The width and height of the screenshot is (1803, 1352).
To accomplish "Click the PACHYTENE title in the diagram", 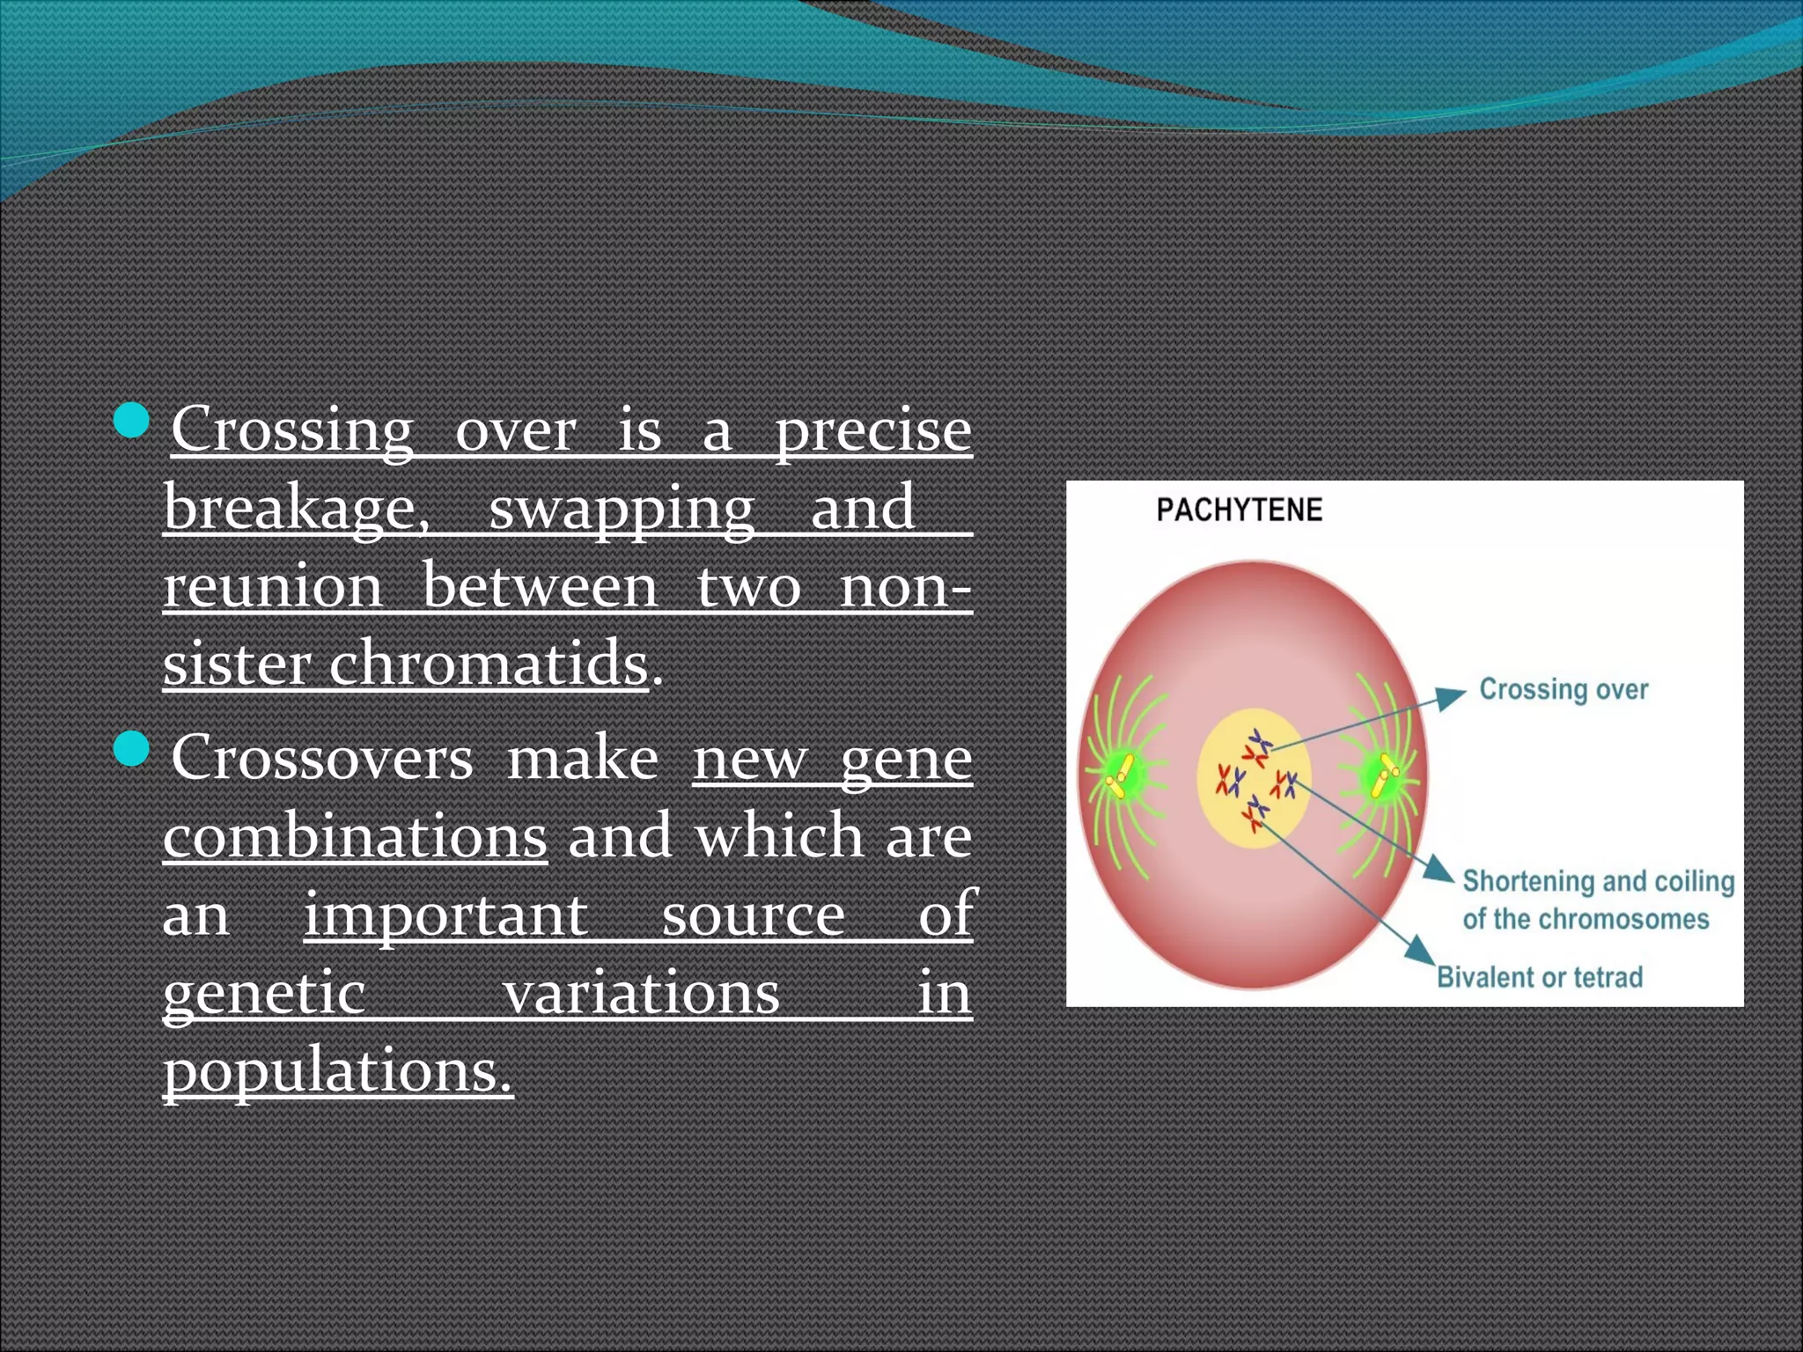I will tap(1239, 510).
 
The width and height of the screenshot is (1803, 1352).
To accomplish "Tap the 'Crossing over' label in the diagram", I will tap(1563, 689).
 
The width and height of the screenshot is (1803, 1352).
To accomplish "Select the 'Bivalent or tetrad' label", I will tap(1540, 977).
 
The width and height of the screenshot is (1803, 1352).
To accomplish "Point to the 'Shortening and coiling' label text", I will tap(1598, 881).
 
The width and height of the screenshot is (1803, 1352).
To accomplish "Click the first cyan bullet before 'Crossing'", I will tap(133, 420).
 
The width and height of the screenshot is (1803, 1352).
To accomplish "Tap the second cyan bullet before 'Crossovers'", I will tap(133, 749).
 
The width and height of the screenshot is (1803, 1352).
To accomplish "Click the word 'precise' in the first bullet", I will tap(872, 431).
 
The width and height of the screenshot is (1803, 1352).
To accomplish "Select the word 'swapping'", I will tap(622, 510).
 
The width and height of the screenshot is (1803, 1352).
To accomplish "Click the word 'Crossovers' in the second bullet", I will tap(322, 758).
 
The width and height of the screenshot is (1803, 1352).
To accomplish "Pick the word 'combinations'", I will tap(355, 836).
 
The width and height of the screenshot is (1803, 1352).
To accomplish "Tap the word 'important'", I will tap(445, 915).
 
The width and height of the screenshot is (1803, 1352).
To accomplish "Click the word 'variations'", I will tap(641, 993).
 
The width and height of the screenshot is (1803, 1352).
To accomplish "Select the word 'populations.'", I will tap(337, 1072).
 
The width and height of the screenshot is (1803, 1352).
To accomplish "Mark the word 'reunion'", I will tap(273, 586).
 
